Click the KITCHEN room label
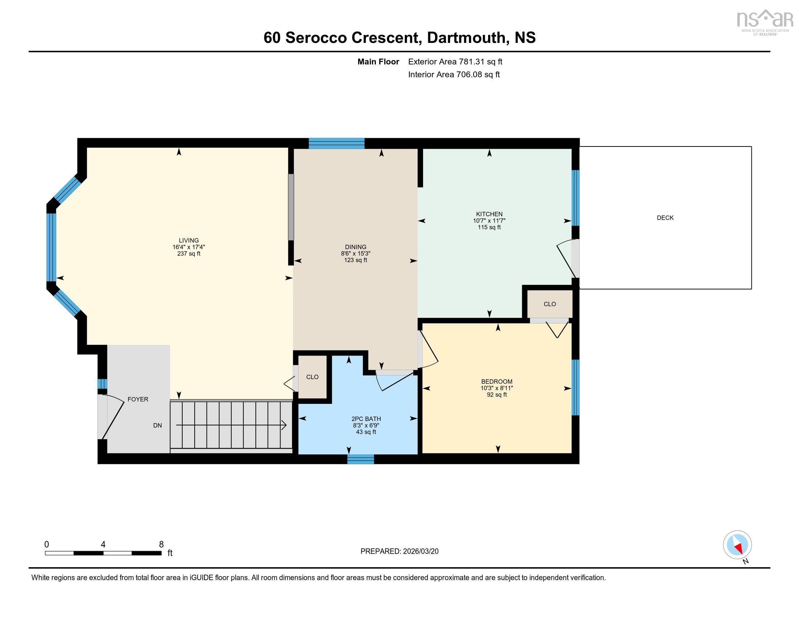(x=489, y=214)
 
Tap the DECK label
(x=665, y=217)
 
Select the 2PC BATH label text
(x=366, y=419)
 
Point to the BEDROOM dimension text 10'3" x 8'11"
(x=496, y=388)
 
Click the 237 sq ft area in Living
(x=189, y=253)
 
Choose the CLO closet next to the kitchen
(x=549, y=304)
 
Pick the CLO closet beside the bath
(x=312, y=377)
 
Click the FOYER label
(x=138, y=399)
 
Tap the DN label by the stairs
(x=157, y=425)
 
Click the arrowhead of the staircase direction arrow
(x=284, y=425)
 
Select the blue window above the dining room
(x=336, y=143)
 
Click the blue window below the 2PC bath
(x=360, y=459)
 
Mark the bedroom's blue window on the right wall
(x=575, y=388)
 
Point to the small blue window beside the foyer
(x=102, y=384)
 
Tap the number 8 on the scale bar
(x=161, y=545)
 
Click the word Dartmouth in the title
(x=466, y=37)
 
